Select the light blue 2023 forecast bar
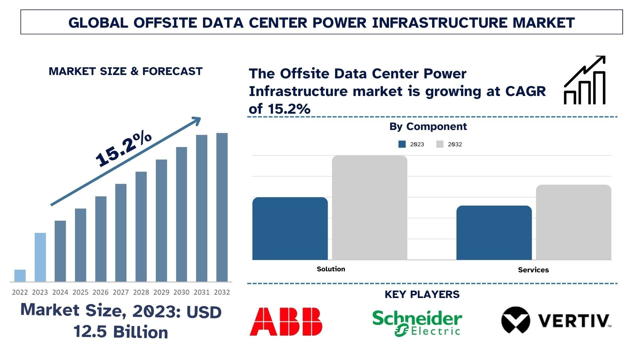tap(40, 257)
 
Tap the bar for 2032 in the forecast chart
tap(222, 207)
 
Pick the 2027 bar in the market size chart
tap(121, 233)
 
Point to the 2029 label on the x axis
tap(161, 292)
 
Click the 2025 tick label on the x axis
tap(80, 292)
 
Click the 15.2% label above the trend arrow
tap(123, 148)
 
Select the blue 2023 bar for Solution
tap(290, 229)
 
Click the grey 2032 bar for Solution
tap(369, 207)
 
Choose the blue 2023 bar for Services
tap(494, 233)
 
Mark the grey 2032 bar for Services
tap(573, 222)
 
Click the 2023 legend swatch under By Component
tap(402, 144)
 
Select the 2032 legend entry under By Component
tap(449, 144)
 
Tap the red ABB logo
tap(286, 321)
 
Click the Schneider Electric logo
tap(417, 322)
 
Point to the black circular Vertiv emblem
tap(515, 320)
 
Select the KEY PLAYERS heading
tap(422, 294)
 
